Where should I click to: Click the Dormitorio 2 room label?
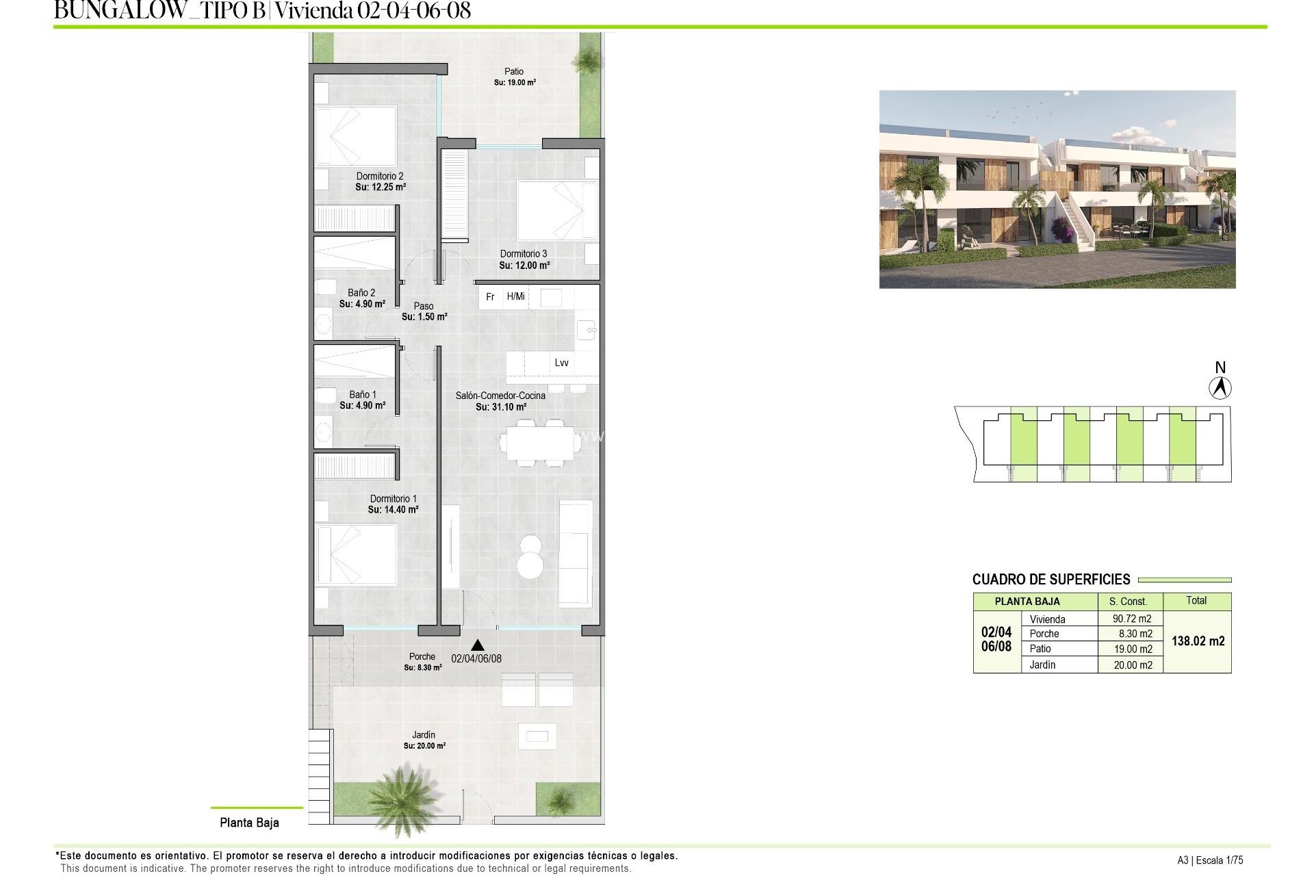coord(380,177)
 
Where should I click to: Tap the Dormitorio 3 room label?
coord(524,254)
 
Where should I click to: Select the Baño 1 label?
coord(363,395)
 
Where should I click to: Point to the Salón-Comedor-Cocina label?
coord(500,396)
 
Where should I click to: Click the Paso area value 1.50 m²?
coord(424,317)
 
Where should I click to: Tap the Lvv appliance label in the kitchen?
coord(561,363)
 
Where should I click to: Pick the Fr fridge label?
coord(490,297)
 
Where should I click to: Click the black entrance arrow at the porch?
coord(478,645)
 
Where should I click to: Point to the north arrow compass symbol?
coord(1220,388)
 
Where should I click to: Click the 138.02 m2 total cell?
coord(1198,641)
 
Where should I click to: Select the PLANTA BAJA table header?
coord(1027,602)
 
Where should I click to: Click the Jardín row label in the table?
coord(1042,665)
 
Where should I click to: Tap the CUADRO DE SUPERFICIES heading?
coord(1051,580)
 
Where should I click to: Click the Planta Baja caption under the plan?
coord(249,823)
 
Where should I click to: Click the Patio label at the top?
coord(514,71)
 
